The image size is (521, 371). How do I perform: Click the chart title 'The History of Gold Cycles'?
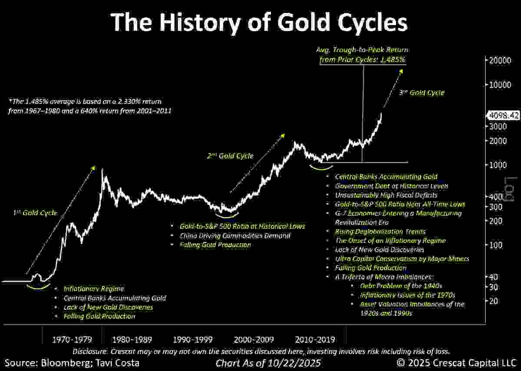pyautogui.click(x=259, y=22)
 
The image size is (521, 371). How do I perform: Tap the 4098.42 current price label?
pyautogui.click(x=502, y=116)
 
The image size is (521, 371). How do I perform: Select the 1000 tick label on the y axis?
pyautogui.click(x=497, y=165)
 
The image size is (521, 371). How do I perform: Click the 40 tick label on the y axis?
pyautogui.click(x=493, y=277)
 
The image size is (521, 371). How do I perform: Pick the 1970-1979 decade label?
pyautogui.click(x=72, y=339)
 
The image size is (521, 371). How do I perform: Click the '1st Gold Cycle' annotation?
pyautogui.click(x=34, y=213)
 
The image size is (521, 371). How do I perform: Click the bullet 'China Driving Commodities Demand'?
pyautogui.click(x=235, y=236)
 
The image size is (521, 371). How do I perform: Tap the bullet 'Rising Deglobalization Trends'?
pyautogui.click(x=380, y=232)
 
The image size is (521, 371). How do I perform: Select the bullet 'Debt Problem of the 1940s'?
pyautogui.click(x=401, y=286)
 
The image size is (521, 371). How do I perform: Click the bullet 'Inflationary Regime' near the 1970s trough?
pyautogui.click(x=93, y=289)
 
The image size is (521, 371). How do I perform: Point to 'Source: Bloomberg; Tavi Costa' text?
pyautogui.click(x=72, y=362)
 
